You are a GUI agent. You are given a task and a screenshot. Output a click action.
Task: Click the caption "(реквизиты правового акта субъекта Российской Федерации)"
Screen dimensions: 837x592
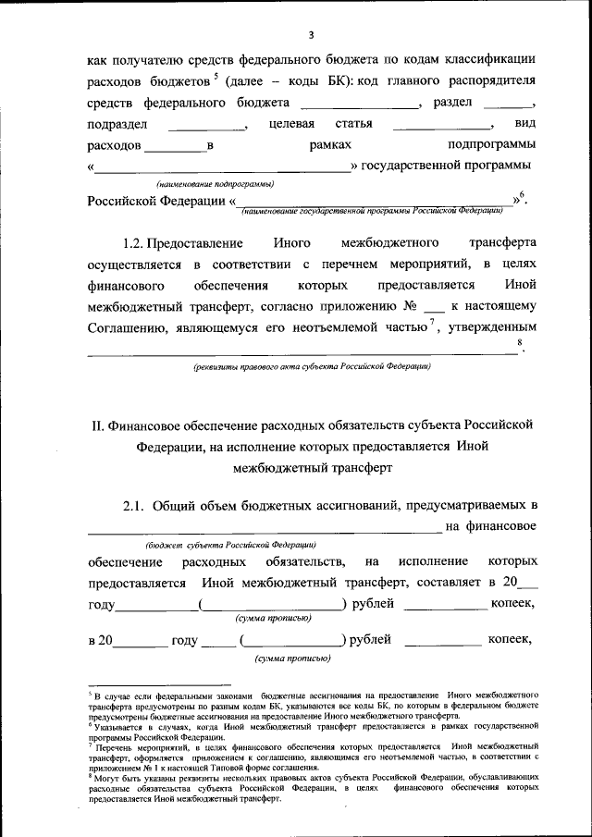(311, 367)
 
